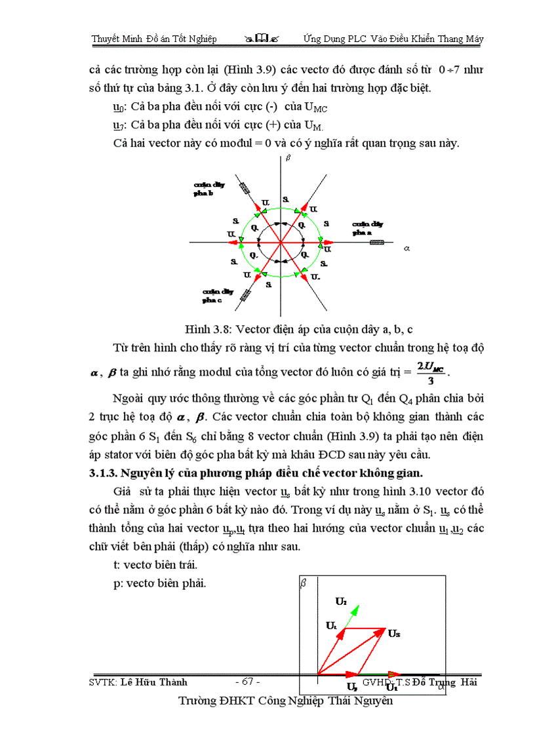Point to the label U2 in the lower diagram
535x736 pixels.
(341, 600)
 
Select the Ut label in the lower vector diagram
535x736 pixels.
(332, 625)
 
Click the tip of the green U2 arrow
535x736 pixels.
(359, 606)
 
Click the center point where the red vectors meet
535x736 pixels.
(281, 242)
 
